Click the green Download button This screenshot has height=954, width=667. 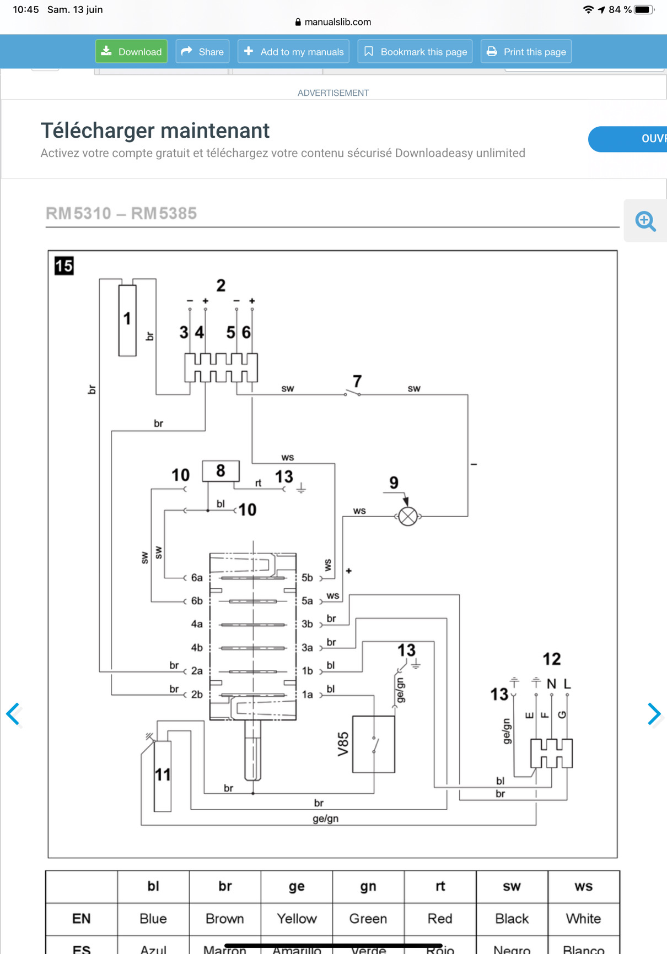[x=131, y=52]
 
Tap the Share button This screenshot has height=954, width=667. [x=202, y=52]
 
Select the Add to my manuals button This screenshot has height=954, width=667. [x=293, y=52]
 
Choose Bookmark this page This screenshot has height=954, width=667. [x=415, y=52]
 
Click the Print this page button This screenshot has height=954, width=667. [x=526, y=52]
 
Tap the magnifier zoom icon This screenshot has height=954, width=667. [x=645, y=221]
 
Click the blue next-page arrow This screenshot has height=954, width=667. [x=654, y=714]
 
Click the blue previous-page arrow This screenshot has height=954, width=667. [x=13, y=714]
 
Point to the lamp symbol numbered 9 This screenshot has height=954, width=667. [x=408, y=517]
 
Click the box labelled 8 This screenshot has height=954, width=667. [x=220, y=471]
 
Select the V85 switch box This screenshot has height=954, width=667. [x=373, y=744]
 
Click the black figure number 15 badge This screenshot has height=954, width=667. [x=64, y=266]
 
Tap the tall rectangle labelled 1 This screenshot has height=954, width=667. [x=127, y=320]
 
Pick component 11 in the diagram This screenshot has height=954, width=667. [x=162, y=776]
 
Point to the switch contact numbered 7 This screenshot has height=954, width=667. [x=353, y=393]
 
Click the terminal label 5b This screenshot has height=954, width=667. [x=307, y=578]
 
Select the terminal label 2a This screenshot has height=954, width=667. [x=197, y=671]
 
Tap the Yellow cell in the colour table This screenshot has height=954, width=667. [x=297, y=919]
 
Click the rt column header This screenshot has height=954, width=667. [x=440, y=886]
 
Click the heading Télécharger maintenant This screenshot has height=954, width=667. [x=155, y=131]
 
